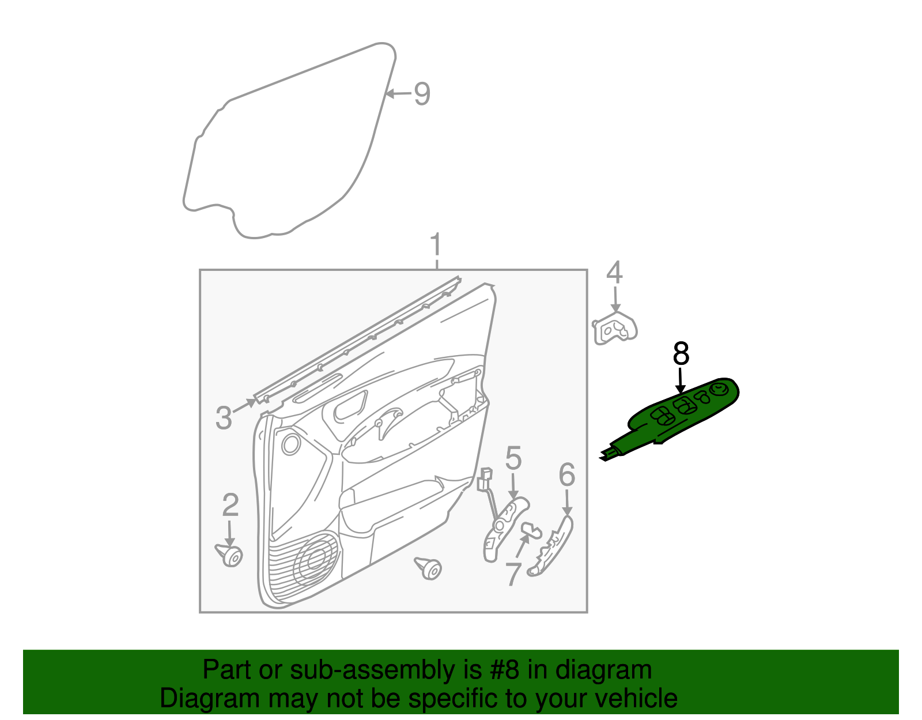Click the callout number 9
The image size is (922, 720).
click(x=422, y=93)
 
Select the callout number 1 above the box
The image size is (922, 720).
click(x=436, y=247)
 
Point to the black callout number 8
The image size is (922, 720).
click(x=681, y=353)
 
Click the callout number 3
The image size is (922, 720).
click(x=224, y=417)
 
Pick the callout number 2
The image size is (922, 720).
click(x=231, y=506)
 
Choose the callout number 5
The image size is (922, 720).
click(x=513, y=459)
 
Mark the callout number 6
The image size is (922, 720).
click(x=567, y=476)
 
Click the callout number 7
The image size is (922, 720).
click(x=513, y=574)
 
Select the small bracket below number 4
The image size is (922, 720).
click(x=615, y=330)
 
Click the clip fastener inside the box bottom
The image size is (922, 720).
click(x=429, y=568)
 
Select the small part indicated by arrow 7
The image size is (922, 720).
click(x=533, y=529)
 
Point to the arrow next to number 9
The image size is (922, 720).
click(x=398, y=93)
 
